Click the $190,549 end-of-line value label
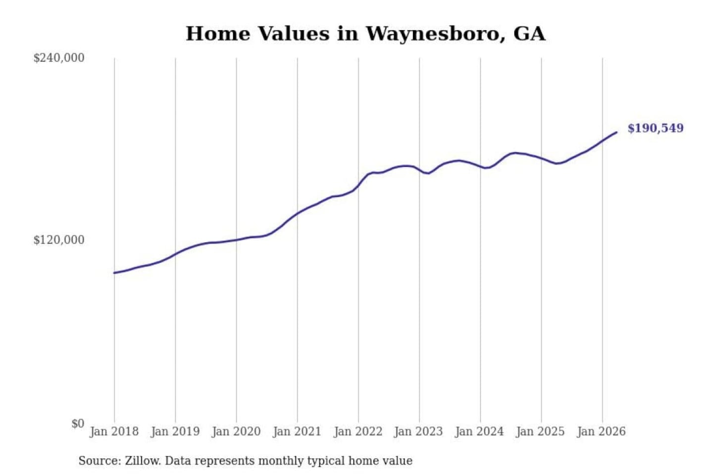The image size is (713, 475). pos(656,128)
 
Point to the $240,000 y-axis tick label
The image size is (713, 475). pos(59,58)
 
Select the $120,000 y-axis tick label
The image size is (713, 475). pos(59,240)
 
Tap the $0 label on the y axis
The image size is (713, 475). pos(78,424)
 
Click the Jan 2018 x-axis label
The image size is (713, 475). pos(114,432)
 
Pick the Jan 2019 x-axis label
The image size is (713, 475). pos(175,432)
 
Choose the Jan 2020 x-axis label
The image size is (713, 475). pos(236,432)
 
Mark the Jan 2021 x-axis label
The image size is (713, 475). pos(297,432)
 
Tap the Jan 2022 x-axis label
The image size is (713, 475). pos(358,432)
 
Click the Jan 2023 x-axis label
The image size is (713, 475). pos(418,432)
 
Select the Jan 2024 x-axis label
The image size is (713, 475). pos(480,432)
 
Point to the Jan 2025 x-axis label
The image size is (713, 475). pos(541,432)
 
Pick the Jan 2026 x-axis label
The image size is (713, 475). pos(602,432)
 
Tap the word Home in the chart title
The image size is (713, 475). pos(218,34)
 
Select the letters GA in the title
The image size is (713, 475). pos(529,34)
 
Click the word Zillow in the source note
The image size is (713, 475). pos(143,461)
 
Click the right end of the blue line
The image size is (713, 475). pos(616,132)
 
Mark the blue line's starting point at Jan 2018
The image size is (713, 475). pos(114,273)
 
